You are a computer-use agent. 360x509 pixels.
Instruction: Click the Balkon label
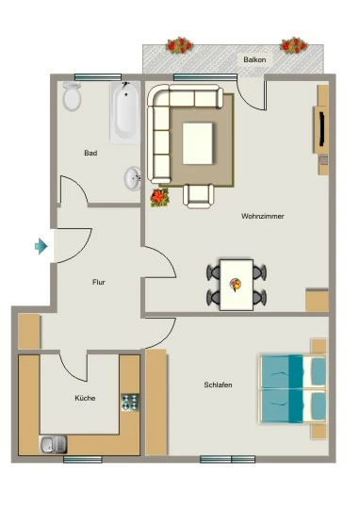[x=254, y=59]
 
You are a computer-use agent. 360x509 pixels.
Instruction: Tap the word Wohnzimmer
[x=263, y=216]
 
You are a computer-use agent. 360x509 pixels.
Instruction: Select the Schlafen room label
[x=218, y=385]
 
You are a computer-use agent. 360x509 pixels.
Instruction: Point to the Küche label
[x=85, y=398]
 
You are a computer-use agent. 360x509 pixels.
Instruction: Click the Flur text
[x=99, y=282]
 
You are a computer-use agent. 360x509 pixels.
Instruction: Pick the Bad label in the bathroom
[x=90, y=153]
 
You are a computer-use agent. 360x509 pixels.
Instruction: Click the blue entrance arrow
[x=41, y=246]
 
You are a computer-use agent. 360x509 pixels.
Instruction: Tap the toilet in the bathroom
[x=72, y=96]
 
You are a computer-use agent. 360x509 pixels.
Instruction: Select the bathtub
[x=125, y=112]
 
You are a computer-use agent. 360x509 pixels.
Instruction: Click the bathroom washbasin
[x=133, y=178]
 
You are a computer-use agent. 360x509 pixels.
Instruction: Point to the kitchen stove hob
[x=130, y=402]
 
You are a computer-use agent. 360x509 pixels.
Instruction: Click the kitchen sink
[x=53, y=444]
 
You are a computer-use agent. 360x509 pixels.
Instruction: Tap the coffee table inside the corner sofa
[x=198, y=143]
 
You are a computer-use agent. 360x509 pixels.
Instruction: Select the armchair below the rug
[x=198, y=196]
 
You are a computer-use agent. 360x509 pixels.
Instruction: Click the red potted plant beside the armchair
[x=159, y=197]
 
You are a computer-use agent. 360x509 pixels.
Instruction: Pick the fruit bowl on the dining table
[x=236, y=285]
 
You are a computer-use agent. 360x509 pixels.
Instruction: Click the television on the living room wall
[x=321, y=129]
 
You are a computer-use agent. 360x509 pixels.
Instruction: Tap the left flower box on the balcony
[x=179, y=45]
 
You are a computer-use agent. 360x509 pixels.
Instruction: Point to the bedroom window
[x=227, y=459]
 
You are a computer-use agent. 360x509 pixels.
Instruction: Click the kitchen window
[x=83, y=459]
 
